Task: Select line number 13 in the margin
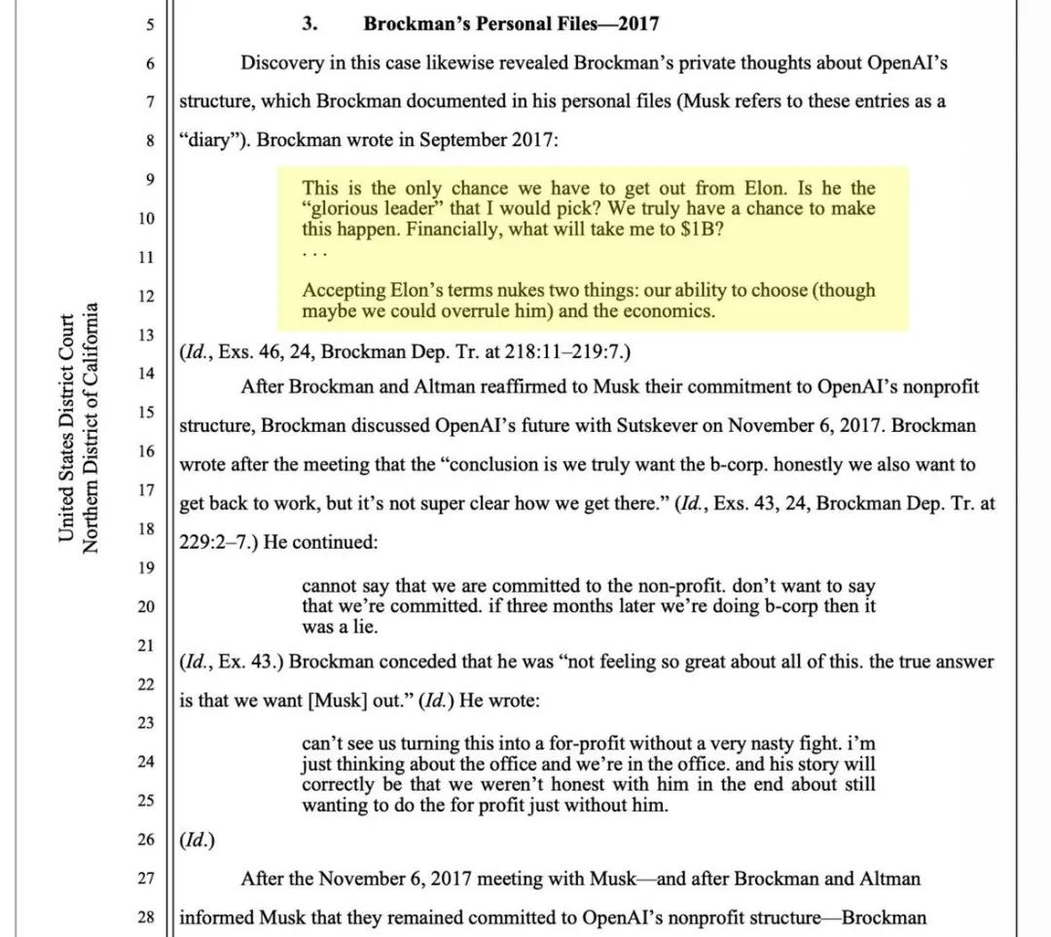point(147,336)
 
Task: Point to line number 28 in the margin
point(147,917)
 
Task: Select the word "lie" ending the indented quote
point(367,628)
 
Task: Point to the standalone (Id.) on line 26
point(197,840)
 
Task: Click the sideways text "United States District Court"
point(66,428)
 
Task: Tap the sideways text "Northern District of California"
point(90,428)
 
